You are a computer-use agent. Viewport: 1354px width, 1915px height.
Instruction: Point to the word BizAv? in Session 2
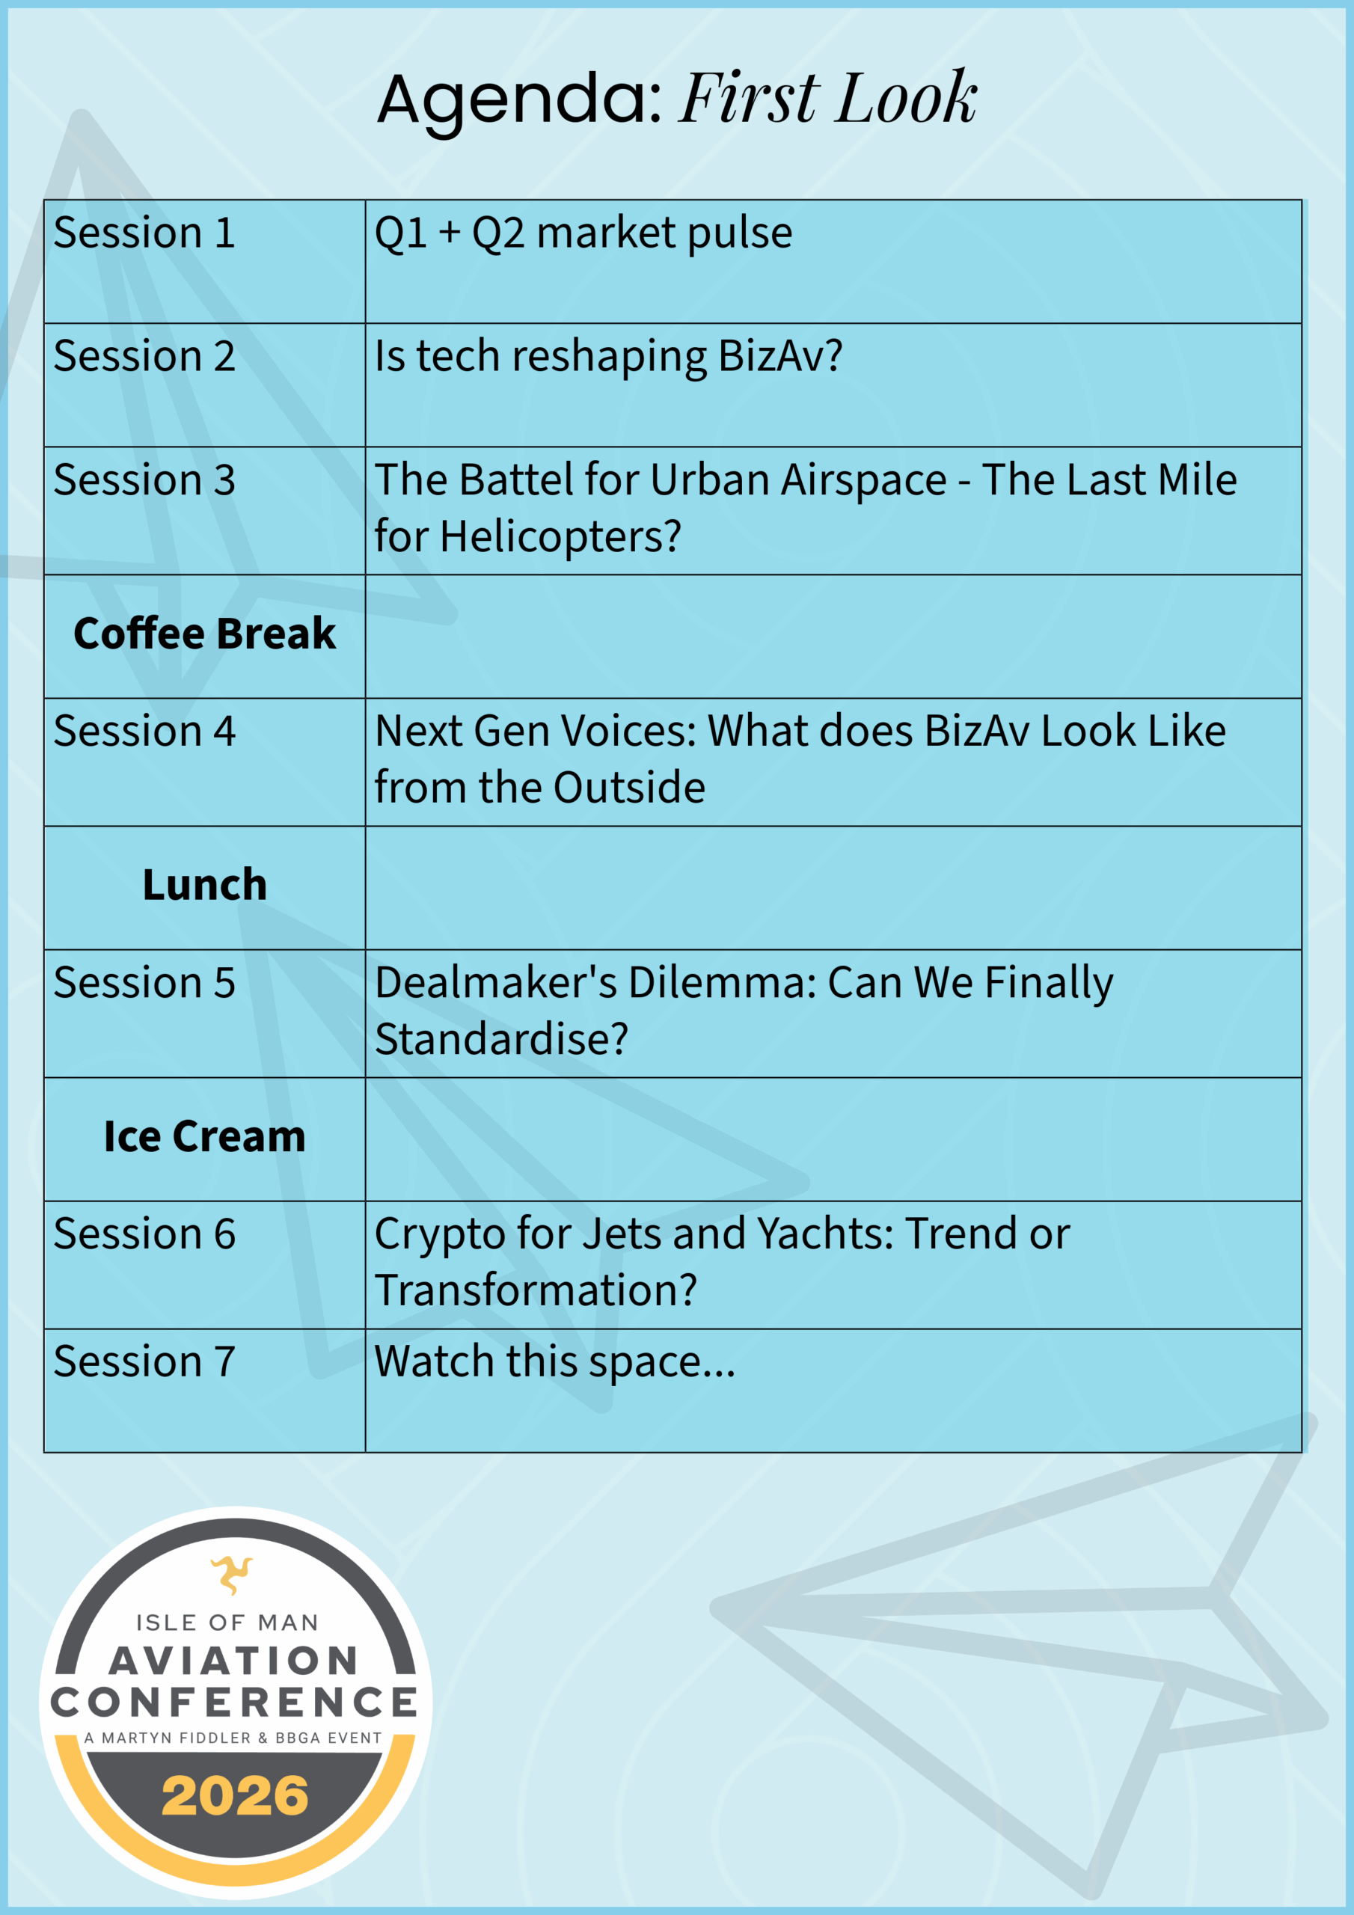[x=780, y=357]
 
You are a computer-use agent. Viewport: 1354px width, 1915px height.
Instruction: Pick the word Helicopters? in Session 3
[x=560, y=537]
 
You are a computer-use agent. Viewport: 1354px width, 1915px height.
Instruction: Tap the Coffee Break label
[x=204, y=633]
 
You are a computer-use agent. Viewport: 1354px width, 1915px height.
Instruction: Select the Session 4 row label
[x=144, y=731]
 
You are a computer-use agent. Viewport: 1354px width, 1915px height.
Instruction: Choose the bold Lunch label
[x=204, y=884]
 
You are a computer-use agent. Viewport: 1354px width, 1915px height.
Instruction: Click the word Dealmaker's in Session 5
[x=495, y=982]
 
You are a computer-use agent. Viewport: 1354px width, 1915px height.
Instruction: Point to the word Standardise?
[x=501, y=1039]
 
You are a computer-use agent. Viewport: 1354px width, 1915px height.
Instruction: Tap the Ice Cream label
[x=204, y=1136]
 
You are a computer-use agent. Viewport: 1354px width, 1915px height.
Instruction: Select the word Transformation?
[x=536, y=1290]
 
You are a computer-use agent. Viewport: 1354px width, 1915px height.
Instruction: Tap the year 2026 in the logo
[x=235, y=1796]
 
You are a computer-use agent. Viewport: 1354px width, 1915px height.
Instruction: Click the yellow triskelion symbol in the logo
[x=232, y=1575]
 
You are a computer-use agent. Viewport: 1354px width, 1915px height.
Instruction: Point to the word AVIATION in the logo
[x=234, y=1661]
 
